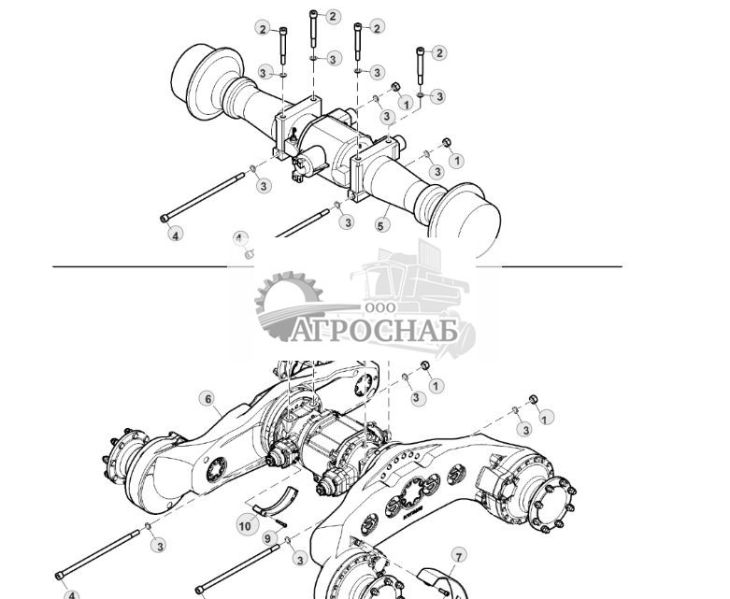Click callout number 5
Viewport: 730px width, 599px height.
point(382,225)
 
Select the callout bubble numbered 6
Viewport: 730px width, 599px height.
point(208,399)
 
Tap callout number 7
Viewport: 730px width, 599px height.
point(458,556)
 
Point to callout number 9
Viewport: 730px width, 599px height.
point(267,538)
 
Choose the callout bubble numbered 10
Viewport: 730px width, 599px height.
point(245,526)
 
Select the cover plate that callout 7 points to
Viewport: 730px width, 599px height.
point(439,582)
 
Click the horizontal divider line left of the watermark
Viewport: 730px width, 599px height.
point(140,267)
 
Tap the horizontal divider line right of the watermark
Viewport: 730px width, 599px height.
point(561,267)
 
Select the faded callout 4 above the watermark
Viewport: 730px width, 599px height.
point(239,239)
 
